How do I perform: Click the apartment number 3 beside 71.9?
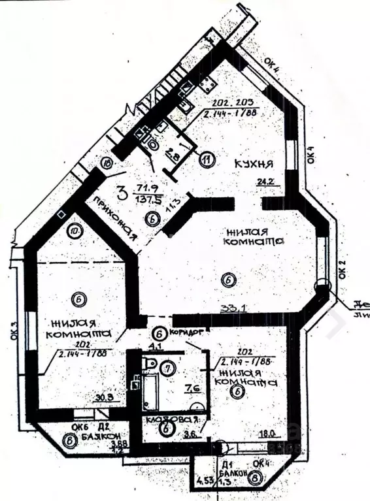[122, 193]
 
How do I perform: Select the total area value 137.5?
[144, 199]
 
